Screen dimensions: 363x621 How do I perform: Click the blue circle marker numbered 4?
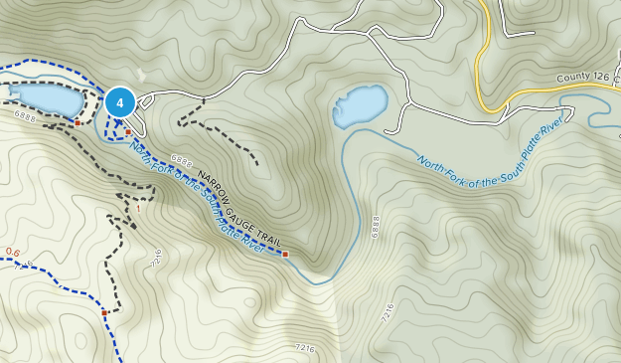(120, 101)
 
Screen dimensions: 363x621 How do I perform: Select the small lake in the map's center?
(361, 105)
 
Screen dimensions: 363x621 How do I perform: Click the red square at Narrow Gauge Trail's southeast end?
(285, 255)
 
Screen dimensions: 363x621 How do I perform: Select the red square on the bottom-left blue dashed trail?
(103, 313)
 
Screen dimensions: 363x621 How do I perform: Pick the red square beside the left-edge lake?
(78, 123)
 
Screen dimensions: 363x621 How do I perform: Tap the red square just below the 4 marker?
(127, 131)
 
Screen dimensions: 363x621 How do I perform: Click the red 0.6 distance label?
(13, 253)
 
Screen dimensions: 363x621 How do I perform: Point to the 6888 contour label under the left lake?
(25, 117)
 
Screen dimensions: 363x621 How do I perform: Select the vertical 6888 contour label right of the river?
(376, 226)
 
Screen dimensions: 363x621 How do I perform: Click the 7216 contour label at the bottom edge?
(305, 347)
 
